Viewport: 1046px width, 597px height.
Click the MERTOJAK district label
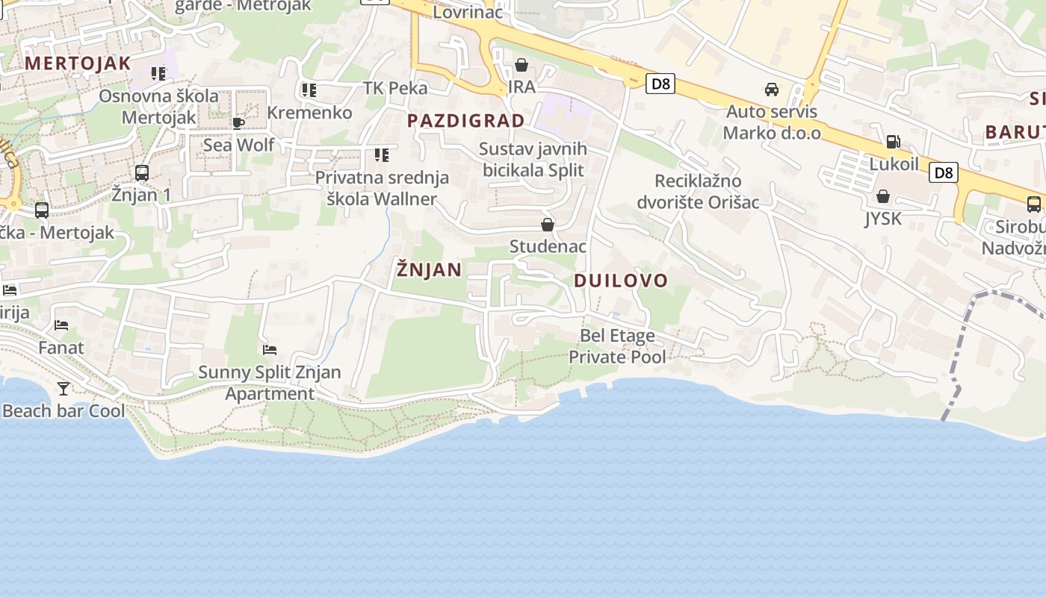click(x=78, y=63)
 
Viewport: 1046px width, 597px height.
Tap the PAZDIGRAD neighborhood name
click(x=466, y=120)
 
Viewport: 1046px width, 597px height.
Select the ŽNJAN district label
click(x=429, y=269)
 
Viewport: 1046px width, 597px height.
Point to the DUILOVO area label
click(x=621, y=281)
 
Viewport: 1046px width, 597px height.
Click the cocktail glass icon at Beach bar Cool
click(x=64, y=388)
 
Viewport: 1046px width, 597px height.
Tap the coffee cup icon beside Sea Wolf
click(x=238, y=123)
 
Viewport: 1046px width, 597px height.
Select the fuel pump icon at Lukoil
click(x=893, y=142)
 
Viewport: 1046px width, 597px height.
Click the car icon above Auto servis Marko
click(x=772, y=90)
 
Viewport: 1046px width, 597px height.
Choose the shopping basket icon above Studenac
click(x=548, y=225)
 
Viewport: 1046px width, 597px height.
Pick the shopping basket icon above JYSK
click(x=883, y=196)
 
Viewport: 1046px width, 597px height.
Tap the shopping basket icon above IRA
click(x=522, y=66)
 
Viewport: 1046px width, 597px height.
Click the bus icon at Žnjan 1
click(x=141, y=173)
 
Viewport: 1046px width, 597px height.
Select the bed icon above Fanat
click(x=61, y=325)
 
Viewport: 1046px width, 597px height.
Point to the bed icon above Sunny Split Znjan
click(x=270, y=349)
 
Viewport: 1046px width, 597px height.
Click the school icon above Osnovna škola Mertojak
click(x=158, y=74)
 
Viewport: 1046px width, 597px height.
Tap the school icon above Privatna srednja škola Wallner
click(x=382, y=155)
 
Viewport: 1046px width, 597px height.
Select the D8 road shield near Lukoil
click(x=944, y=173)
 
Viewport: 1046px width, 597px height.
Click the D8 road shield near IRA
click(x=660, y=83)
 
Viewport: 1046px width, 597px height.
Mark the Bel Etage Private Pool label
click(x=617, y=346)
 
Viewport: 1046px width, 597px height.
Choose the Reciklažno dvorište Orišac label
click(x=698, y=191)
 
